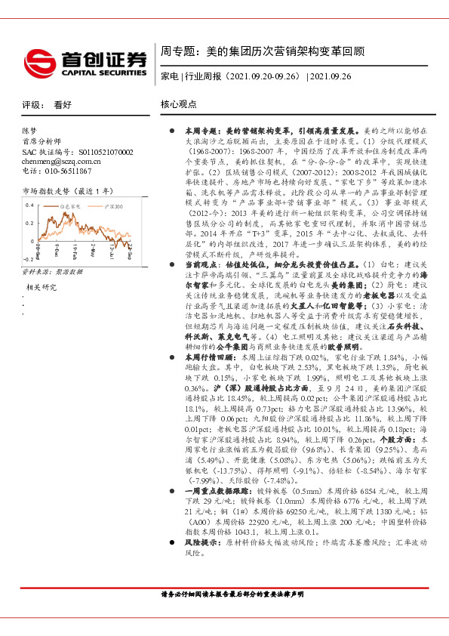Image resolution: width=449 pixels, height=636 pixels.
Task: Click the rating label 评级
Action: [x=31, y=105]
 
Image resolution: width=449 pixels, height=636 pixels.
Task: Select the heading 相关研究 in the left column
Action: [x=42, y=288]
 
